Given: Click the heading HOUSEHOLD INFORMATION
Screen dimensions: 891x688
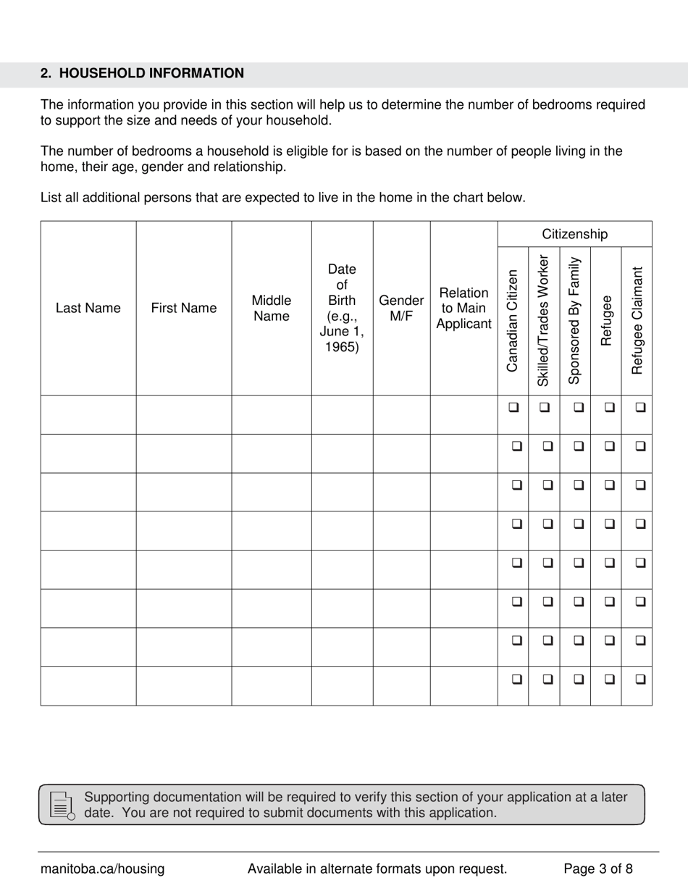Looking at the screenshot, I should pyautogui.click(x=142, y=73).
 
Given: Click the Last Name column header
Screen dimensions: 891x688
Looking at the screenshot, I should pyautogui.click(x=88, y=308).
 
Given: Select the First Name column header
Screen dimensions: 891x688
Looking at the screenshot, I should pyautogui.click(x=183, y=308).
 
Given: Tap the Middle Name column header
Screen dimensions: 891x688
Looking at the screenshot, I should pyautogui.click(x=271, y=308).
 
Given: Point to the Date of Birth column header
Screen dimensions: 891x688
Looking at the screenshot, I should pyautogui.click(x=342, y=308).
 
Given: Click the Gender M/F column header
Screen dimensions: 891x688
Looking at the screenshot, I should pyautogui.click(x=401, y=308).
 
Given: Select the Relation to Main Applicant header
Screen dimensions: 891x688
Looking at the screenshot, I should pyautogui.click(x=463, y=308).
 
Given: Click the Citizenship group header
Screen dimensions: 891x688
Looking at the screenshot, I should pyautogui.click(x=575, y=234).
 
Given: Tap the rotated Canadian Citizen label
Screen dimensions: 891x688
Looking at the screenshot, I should pyautogui.click(x=513, y=321).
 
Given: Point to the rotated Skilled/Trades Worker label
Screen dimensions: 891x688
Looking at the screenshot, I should pyautogui.click(x=544, y=321).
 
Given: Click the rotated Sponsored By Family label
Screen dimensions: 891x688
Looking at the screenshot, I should pyautogui.click(x=575, y=321).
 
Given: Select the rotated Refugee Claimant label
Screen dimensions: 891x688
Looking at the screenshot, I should pyautogui.click(x=637, y=321).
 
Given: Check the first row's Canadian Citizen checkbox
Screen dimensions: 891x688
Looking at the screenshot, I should pyautogui.click(x=513, y=407).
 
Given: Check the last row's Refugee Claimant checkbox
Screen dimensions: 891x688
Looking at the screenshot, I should pyautogui.click(x=640, y=679).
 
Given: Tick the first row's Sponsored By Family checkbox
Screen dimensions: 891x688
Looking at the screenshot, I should pyautogui.click(x=578, y=407).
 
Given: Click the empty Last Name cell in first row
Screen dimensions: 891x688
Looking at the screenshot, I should pyautogui.click(x=88, y=414).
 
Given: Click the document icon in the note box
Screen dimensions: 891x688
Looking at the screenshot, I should pyautogui.click(x=62, y=806).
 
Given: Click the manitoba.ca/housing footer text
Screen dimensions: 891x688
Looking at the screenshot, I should pyautogui.click(x=102, y=869).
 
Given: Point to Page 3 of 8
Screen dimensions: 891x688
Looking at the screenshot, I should pyautogui.click(x=598, y=869).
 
